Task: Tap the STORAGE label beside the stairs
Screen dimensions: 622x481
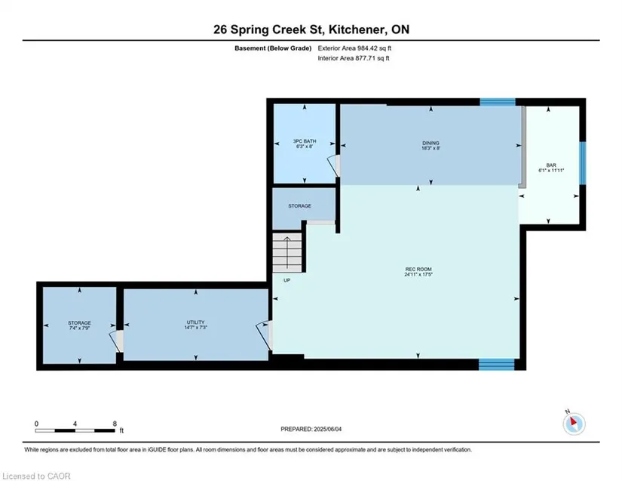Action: (x=299, y=205)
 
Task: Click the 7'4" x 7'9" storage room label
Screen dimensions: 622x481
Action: (x=79, y=325)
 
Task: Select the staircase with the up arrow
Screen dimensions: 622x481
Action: (x=286, y=252)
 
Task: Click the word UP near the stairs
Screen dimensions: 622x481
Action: (x=286, y=280)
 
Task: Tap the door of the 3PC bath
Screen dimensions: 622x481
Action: (x=334, y=165)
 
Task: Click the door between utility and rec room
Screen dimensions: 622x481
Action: (x=265, y=335)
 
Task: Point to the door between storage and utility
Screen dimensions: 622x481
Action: (x=117, y=341)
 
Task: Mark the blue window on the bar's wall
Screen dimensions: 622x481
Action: (x=582, y=163)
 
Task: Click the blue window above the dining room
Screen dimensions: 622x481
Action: (x=498, y=102)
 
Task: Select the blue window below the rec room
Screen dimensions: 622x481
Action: (x=496, y=364)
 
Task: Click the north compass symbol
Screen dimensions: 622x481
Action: (x=574, y=424)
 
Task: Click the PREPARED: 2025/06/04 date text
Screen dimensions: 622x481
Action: (x=311, y=429)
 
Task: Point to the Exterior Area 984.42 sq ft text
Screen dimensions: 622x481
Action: (x=354, y=48)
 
